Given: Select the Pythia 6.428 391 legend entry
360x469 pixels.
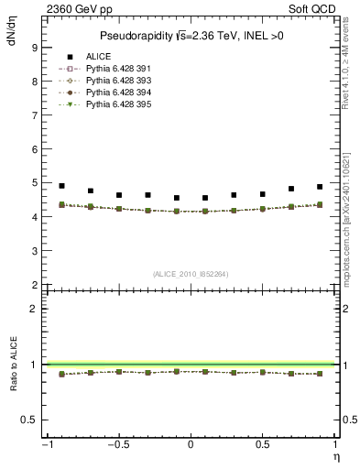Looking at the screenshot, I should (x=114, y=70).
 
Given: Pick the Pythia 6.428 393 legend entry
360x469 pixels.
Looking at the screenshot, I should (x=114, y=82).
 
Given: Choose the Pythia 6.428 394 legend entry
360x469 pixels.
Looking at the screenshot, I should (x=114, y=93).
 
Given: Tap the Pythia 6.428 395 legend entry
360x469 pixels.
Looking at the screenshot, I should (x=114, y=105).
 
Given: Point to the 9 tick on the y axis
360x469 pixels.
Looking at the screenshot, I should (x=35, y=48).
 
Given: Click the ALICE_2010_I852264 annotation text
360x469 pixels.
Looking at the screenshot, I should (x=191, y=274).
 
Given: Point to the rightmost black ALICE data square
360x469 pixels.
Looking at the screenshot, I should (x=320, y=186).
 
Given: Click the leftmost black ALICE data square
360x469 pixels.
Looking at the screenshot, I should (x=61, y=186).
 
